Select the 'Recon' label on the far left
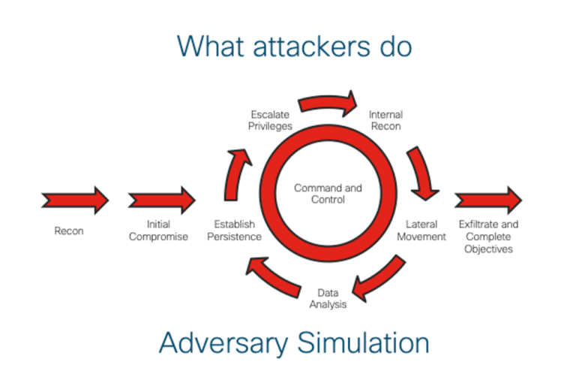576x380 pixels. [x=69, y=231]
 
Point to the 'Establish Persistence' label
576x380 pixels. [x=237, y=231]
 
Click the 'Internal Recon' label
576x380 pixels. [x=385, y=120]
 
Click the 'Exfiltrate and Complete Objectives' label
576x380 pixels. [x=488, y=236]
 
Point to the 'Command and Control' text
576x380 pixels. [x=328, y=194]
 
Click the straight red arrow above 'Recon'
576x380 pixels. [x=75, y=201]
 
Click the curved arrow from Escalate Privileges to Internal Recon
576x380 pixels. [x=328, y=103]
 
